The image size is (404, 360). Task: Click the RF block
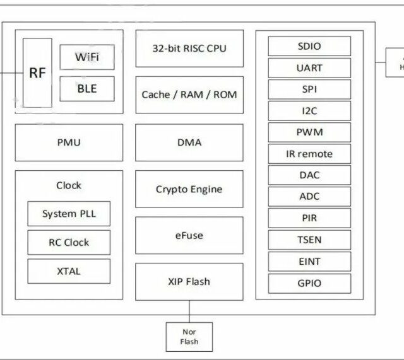pos(37,73)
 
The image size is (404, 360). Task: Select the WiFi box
pos(87,57)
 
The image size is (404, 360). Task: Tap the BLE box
pos(87,88)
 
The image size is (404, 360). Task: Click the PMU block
pos(68,142)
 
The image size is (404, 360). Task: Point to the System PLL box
pos(68,214)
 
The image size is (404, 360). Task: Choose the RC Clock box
pos(68,242)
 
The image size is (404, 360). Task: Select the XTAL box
pos(68,271)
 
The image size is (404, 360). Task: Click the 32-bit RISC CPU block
pos(189,49)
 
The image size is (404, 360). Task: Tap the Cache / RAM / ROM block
pos(189,95)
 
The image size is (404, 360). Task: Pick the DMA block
pos(189,142)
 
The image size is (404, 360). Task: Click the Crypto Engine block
pos(189,189)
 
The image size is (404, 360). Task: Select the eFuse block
pos(189,236)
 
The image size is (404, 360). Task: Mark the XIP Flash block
pos(189,282)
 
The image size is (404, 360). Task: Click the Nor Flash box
pos(189,337)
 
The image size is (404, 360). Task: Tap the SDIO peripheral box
pos(309,46)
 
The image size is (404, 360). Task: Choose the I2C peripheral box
pos(309,111)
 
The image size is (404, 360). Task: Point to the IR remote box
pos(309,154)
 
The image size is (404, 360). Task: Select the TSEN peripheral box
pos(309,240)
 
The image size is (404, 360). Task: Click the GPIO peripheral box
pos(309,283)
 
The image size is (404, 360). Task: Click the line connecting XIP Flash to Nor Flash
pos(189,311)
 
